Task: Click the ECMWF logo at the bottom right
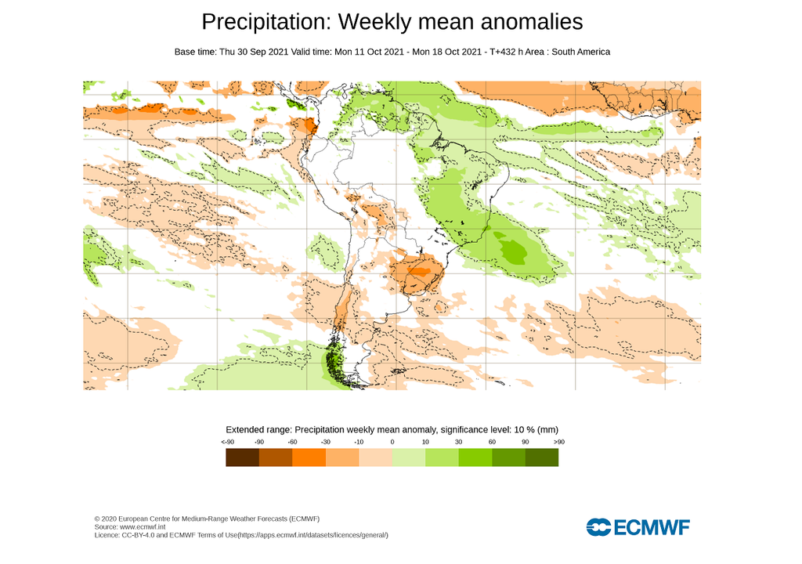click(x=638, y=526)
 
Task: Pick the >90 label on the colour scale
click(x=558, y=443)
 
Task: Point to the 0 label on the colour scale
click(x=392, y=443)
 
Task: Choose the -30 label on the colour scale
click(x=326, y=443)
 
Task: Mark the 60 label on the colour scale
click(x=492, y=443)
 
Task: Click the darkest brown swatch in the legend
click(x=242, y=457)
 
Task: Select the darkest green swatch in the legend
click(x=541, y=457)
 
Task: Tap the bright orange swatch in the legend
click(x=309, y=457)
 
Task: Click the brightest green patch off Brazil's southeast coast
click(x=515, y=251)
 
